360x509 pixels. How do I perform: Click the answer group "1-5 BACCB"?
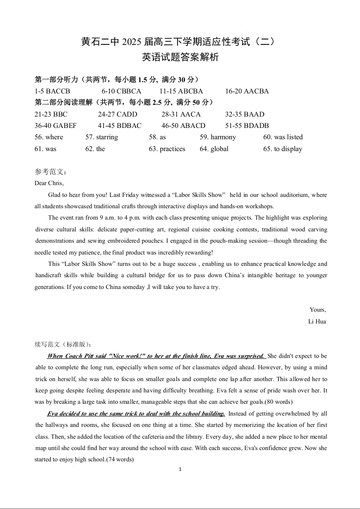tap(52, 91)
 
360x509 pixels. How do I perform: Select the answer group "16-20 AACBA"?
tap(247, 91)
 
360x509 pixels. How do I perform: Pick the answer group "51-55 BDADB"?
tap(247, 126)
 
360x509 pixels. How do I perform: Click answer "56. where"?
tap(49, 137)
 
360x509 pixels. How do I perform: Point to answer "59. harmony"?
tap(217, 137)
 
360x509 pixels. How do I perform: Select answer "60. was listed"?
tap(282, 137)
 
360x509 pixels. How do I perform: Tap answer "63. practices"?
tap(167, 149)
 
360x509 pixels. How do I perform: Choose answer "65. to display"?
tap(282, 149)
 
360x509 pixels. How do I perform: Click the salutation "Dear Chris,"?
tap(49, 183)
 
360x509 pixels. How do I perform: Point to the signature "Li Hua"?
tap(317, 322)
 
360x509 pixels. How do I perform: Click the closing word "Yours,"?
tap(318, 310)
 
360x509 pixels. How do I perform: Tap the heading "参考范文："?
tap(51, 172)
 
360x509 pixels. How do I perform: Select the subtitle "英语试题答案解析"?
tap(180, 58)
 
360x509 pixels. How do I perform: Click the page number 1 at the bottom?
tap(180, 470)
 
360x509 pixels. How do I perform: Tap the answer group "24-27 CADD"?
tap(117, 114)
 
